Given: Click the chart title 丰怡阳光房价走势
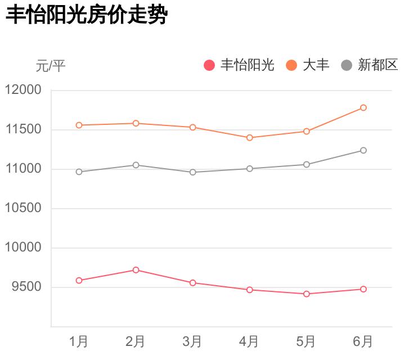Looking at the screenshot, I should pos(87,15).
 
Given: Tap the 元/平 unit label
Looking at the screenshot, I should pos(51,66).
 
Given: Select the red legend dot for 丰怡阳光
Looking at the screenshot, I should pos(209,65).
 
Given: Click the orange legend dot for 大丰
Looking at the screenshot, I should pos(291,65).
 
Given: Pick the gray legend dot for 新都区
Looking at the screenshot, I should pos(347,65).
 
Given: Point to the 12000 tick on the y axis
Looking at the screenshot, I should pos(23,90).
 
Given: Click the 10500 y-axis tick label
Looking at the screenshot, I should pos(23,208).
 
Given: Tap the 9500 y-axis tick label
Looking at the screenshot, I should pos(26,287).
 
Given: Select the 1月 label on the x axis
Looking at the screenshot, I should pos(79,341).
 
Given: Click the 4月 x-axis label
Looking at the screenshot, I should pos(249,341).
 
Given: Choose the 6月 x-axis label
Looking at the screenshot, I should pos(363,341).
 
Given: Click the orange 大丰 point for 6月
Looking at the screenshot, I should pos(363,107).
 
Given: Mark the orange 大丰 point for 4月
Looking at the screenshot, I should pos(249,137).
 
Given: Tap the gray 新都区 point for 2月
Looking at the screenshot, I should pos(136,165).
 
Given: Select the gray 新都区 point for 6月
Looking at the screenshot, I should pos(363,150).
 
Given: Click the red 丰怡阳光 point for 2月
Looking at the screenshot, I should pos(136,270).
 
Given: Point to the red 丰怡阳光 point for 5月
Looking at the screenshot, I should pos(307,294).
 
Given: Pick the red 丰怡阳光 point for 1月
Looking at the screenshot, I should pos(79,280).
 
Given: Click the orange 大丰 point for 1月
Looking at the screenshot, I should pos(79,125).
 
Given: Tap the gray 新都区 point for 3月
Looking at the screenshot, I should pos(192,172).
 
